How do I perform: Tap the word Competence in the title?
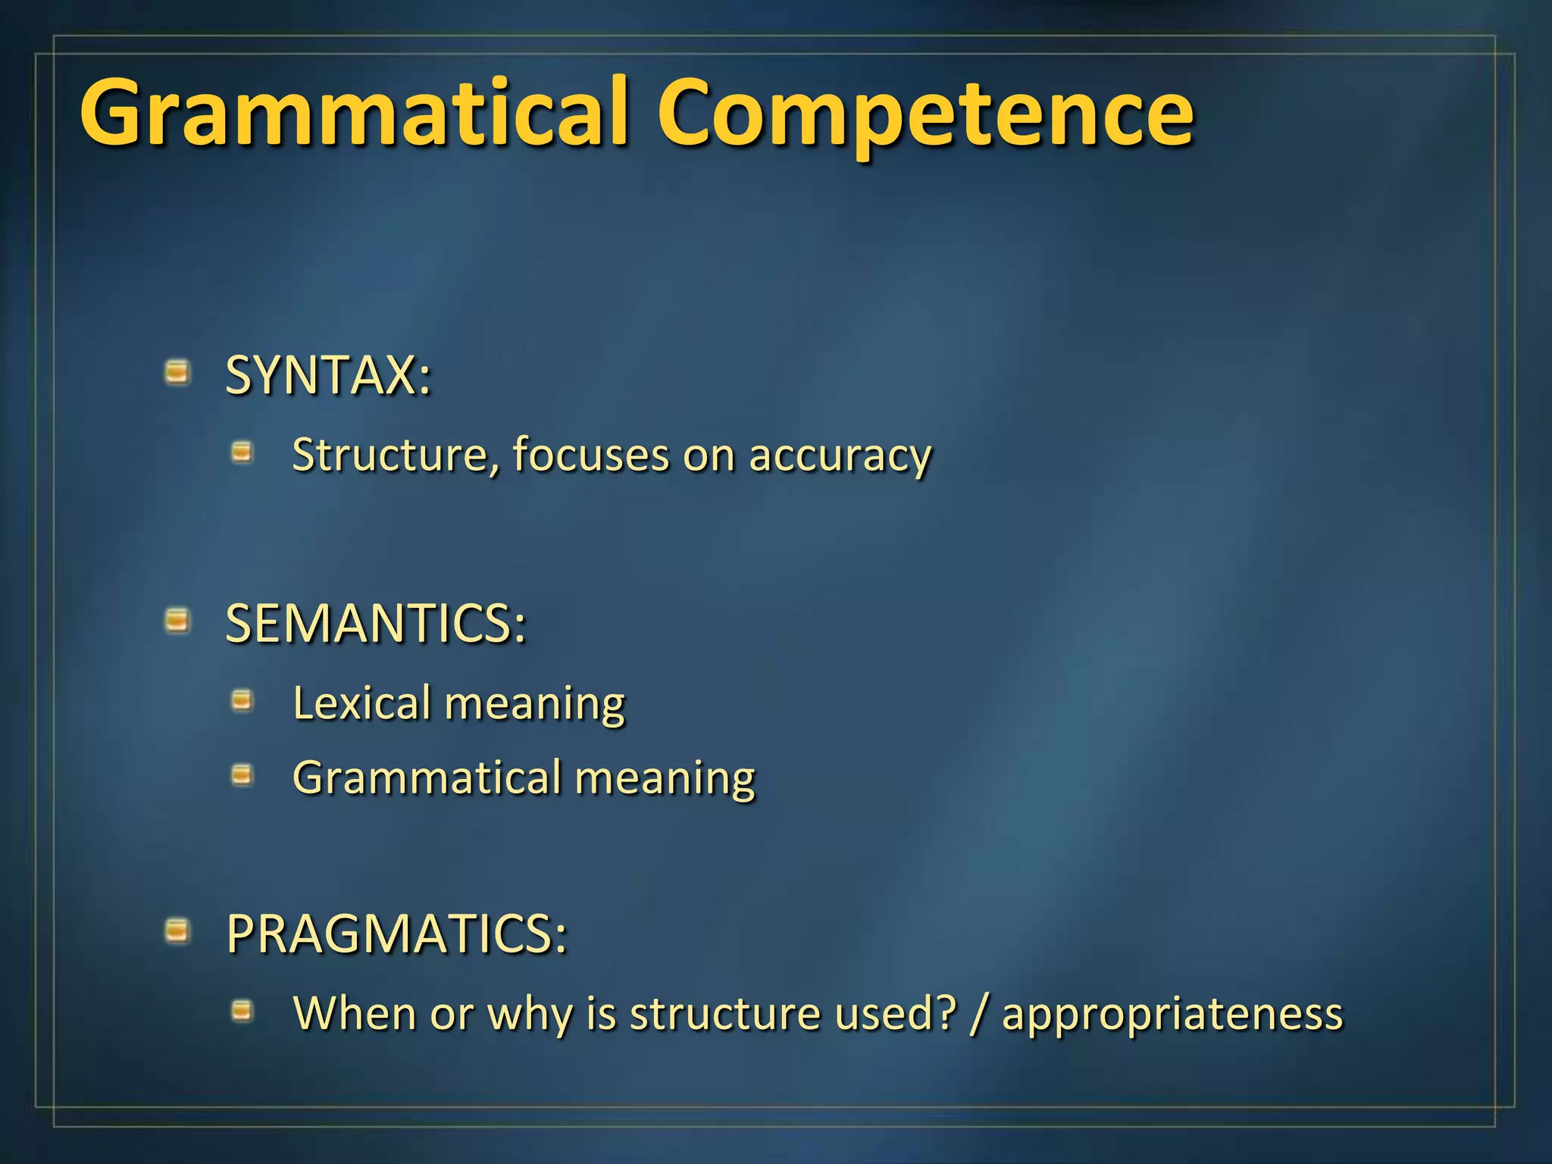[x=925, y=114]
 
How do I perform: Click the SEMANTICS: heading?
[x=375, y=624]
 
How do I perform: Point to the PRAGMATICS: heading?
[x=396, y=934]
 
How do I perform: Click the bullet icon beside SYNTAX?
[x=177, y=373]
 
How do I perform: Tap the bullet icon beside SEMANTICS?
[x=177, y=621]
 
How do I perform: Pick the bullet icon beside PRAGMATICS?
[x=177, y=931]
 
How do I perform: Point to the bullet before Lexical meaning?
[x=242, y=701]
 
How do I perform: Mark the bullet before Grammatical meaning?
[x=242, y=775]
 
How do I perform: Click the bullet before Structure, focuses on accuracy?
[x=242, y=453]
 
